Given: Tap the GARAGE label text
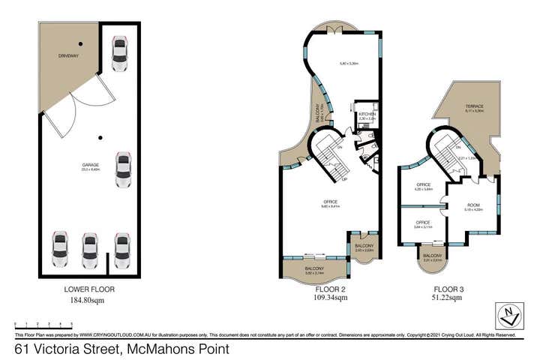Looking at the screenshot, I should pyautogui.click(x=91, y=164).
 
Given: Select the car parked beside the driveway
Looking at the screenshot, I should pyautogui.click(x=118, y=53).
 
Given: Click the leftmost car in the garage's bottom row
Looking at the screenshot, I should pyautogui.click(x=60, y=250).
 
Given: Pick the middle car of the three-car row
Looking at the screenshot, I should pyautogui.click(x=90, y=250).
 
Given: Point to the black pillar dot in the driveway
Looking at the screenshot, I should pyautogui.click(x=80, y=43).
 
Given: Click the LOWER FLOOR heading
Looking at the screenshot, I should pyautogui.click(x=90, y=289).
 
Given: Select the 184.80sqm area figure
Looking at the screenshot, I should pyautogui.click(x=90, y=299).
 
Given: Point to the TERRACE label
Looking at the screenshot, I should pyautogui.click(x=473, y=106).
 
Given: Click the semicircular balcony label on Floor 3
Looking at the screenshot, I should pyautogui.click(x=432, y=256).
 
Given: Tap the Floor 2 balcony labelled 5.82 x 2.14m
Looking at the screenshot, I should pyautogui.click(x=314, y=268).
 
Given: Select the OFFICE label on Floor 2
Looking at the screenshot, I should pyautogui.click(x=330, y=201).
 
